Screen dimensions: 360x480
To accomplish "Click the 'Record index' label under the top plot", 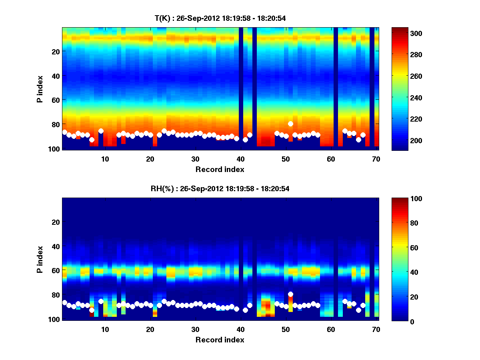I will click(x=220, y=169).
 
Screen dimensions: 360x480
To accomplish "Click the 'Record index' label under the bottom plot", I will click(x=220, y=340).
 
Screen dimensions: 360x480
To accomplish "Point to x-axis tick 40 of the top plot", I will click(x=240, y=158).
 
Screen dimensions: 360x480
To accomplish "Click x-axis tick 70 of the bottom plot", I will click(x=376, y=329).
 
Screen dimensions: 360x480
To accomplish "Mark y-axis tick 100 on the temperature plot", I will click(x=55, y=149).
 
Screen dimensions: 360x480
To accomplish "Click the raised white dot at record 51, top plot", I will click(x=290, y=124).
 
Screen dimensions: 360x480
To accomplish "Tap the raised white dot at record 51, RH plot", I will click(x=290, y=294).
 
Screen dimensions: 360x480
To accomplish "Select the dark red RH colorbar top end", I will click(x=400, y=200).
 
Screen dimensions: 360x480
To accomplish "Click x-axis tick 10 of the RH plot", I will click(x=105, y=329).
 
